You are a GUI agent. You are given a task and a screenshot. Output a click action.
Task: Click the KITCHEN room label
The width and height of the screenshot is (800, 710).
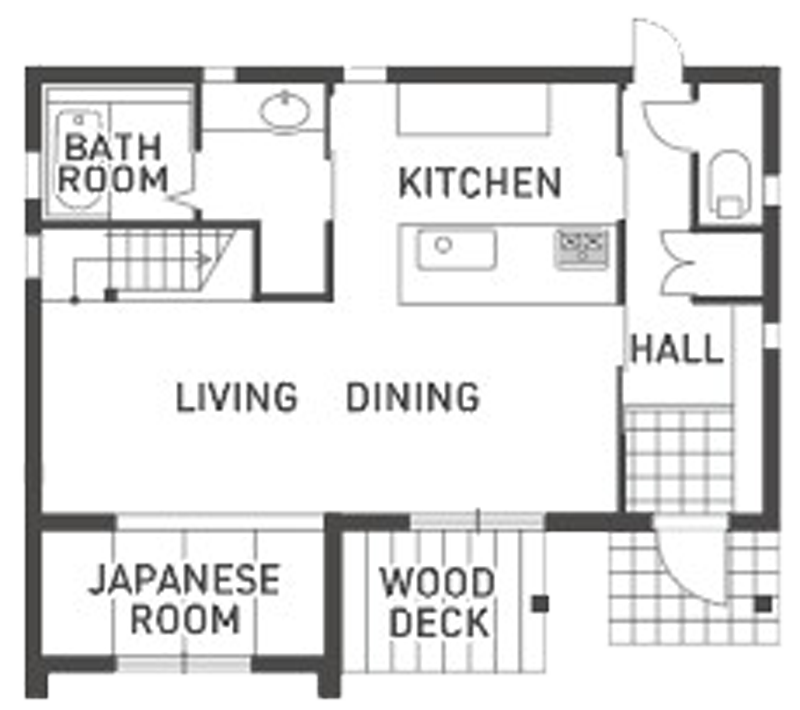480,183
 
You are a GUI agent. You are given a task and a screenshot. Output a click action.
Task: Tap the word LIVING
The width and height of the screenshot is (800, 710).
237,397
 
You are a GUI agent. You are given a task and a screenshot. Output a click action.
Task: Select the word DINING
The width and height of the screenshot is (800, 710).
413,397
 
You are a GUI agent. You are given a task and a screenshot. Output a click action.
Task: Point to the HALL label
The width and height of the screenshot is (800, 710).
678,349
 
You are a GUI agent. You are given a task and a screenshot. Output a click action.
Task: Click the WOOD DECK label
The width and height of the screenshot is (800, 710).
438,602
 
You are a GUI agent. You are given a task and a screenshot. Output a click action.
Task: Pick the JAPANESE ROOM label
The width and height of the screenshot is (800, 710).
185,599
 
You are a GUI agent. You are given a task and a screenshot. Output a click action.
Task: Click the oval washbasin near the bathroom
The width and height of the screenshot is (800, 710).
285,111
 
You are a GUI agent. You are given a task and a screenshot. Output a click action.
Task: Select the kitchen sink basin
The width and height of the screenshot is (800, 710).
456,249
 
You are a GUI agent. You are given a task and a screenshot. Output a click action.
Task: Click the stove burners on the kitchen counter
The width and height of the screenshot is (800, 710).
582,247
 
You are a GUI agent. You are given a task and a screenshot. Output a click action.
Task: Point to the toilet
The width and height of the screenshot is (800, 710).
731,184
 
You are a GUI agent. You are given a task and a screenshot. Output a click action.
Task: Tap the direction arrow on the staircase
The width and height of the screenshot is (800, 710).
203,260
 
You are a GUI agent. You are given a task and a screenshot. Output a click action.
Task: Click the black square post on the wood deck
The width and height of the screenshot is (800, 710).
540,603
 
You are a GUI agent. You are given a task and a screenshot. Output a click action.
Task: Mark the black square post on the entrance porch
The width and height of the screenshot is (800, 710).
763,604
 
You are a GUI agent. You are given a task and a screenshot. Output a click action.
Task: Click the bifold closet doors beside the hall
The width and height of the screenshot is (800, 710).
678,264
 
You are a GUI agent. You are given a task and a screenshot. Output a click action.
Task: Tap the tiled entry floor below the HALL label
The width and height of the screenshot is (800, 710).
680,459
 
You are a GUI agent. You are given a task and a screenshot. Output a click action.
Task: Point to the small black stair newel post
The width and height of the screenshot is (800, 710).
111,295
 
